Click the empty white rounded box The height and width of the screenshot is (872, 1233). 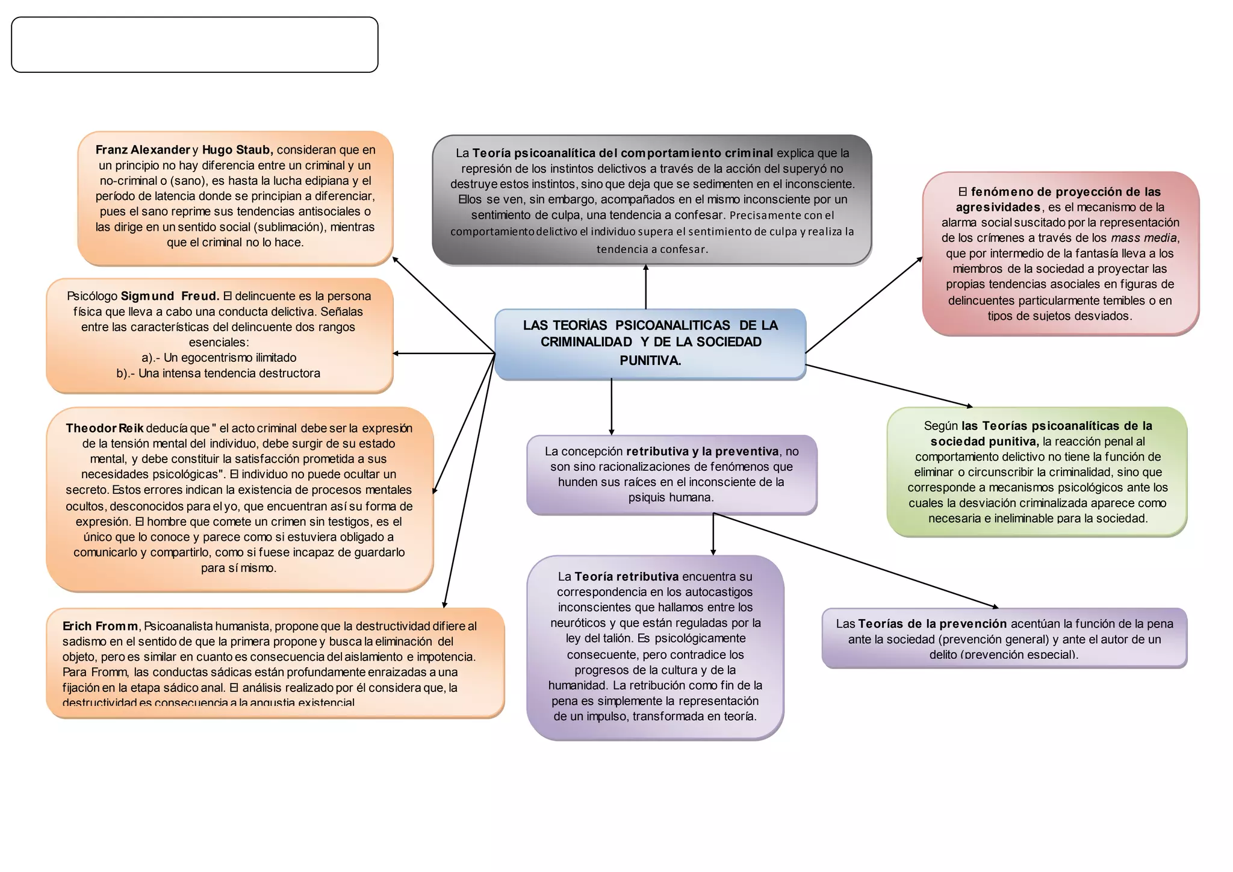pyautogui.click(x=194, y=45)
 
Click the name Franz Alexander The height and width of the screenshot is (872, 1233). pyautogui.click(x=143, y=150)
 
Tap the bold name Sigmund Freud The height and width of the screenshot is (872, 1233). pyautogui.click(x=170, y=296)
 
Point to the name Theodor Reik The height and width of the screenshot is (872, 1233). pyautogui.click(x=104, y=428)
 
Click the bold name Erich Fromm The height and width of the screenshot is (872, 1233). pyautogui.click(x=100, y=626)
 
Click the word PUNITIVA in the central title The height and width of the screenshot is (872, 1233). pyautogui.click(x=650, y=361)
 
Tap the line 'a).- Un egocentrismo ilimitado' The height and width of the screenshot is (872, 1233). pyautogui.click(x=219, y=358)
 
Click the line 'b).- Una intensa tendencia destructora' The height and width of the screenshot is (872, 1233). pyautogui.click(x=219, y=373)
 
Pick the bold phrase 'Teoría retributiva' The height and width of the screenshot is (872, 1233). pyautogui.click(x=626, y=577)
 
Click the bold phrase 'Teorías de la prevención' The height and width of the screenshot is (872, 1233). pyautogui.click(x=932, y=624)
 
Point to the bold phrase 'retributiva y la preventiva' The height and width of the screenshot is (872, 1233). pyautogui.click(x=702, y=452)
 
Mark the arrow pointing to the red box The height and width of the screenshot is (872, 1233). pyautogui.click(x=864, y=305)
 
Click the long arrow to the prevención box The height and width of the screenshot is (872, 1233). pyautogui.click(x=855, y=560)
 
